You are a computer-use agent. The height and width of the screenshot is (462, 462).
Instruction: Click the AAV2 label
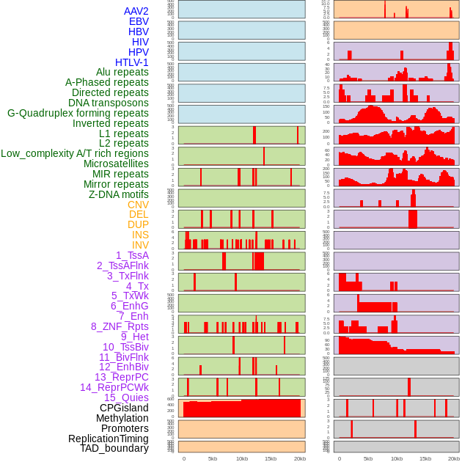tap(136, 11)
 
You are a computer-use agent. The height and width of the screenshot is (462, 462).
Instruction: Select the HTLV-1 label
tap(131, 62)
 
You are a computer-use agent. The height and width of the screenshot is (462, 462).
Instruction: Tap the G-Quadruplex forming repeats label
tap(78, 113)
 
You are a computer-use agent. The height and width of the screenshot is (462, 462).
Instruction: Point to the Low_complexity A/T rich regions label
tap(74, 153)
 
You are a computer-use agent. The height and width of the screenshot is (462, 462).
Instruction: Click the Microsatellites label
tap(116, 164)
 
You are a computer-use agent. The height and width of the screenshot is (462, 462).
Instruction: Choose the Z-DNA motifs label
tap(118, 194)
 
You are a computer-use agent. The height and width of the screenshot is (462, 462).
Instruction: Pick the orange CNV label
tap(138, 205)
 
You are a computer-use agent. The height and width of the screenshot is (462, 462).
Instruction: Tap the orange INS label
tap(140, 235)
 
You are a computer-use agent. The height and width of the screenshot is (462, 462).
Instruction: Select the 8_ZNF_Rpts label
tap(120, 326)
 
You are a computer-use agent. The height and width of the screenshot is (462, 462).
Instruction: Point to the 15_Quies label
tap(126, 397)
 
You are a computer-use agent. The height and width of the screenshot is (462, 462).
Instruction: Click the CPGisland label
tap(124, 408)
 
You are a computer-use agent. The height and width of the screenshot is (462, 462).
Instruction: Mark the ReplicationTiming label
tap(108, 439)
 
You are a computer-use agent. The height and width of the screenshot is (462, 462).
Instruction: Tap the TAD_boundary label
tap(114, 448)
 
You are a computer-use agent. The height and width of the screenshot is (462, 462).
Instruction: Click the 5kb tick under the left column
tap(213, 458)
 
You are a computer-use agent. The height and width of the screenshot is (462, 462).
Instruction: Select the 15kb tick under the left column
tap(271, 458)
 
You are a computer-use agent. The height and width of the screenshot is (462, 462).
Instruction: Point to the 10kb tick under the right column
tap(397, 458)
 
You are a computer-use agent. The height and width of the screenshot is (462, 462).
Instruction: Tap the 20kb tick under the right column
tap(454, 458)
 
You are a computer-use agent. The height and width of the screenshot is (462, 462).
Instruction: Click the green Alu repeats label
tap(122, 72)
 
